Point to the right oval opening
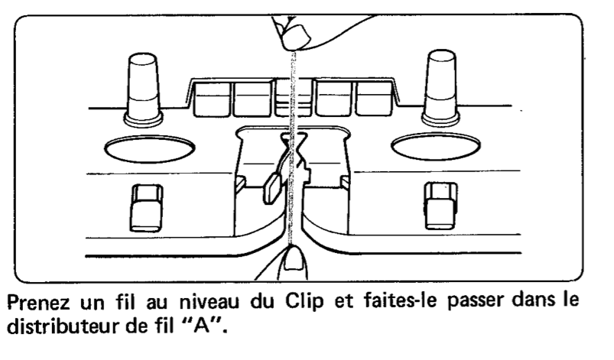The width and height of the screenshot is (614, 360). (435, 148)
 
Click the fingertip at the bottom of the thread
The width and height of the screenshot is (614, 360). (293, 267)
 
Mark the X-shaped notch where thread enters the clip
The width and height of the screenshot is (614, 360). (291, 142)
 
